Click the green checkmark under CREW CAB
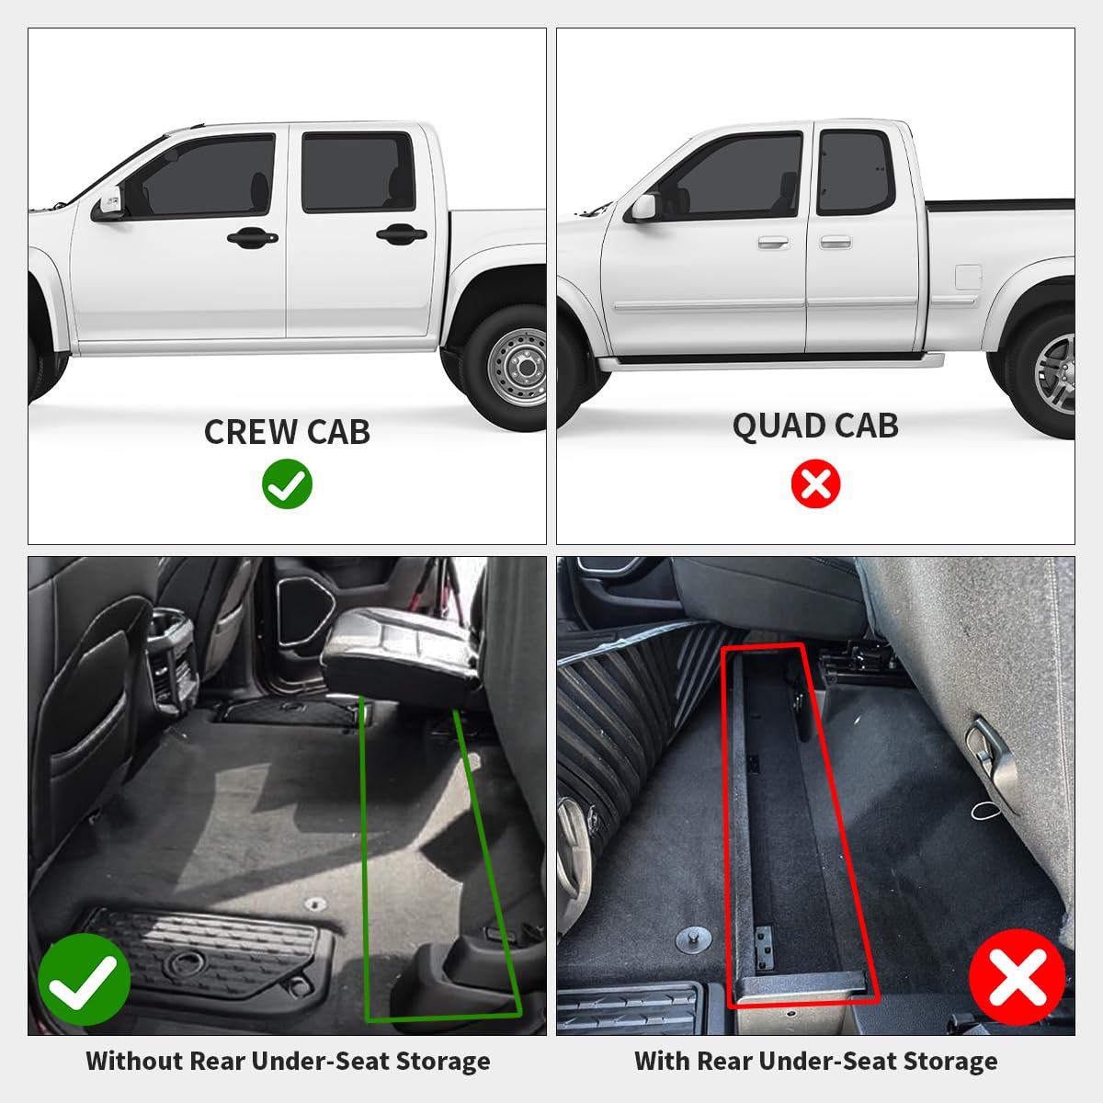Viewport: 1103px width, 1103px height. [287, 484]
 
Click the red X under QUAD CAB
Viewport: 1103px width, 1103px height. [815, 483]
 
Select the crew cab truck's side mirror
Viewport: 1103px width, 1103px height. [108, 204]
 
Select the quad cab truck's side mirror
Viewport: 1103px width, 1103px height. [642, 208]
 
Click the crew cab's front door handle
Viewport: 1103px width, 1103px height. [252, 238]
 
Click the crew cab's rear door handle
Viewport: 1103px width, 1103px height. [402, 234]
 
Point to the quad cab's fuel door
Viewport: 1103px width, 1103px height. [968, 276]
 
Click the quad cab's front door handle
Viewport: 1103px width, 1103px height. [773, 244]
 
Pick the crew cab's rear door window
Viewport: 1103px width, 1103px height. [358, 172]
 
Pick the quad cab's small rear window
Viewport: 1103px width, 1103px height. [855, 172]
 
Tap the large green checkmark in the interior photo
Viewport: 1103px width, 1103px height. [84, 980]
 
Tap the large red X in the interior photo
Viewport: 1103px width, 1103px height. [1017, 977]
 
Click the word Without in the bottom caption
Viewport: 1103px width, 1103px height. [134, 1061]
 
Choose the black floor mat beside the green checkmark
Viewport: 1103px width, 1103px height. [211, 956]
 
